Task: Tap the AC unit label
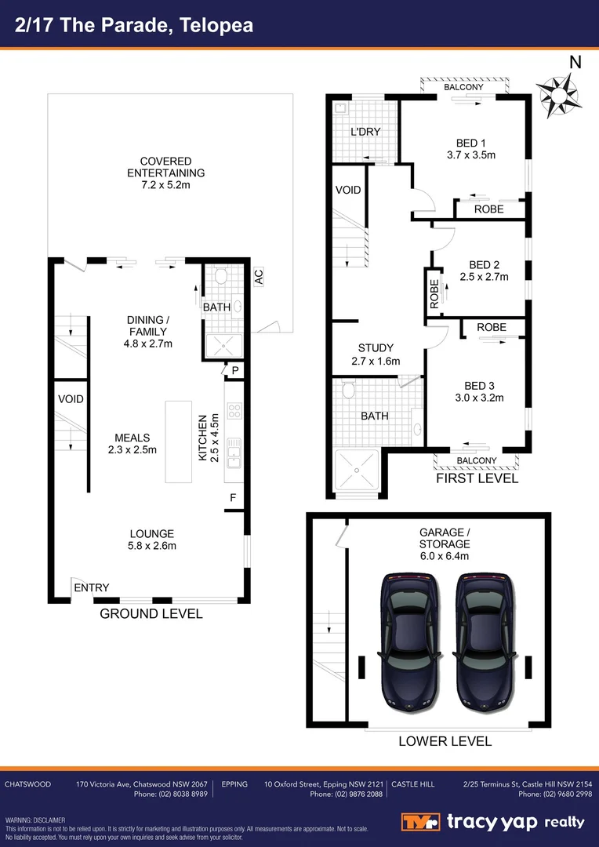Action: point(258,277)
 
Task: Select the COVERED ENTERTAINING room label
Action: point(165,167)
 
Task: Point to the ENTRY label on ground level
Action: point(92,587)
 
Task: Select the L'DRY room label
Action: point(365,131)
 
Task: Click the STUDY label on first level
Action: point(376,348)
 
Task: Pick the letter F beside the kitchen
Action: point(233,497)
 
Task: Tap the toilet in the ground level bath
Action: point(220,276)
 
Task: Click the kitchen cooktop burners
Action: point(234,411)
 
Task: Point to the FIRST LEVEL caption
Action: point(477,478)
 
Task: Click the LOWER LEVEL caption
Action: point(445,741)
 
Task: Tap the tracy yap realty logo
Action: point(494,822)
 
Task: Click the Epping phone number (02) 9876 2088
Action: point(347,794)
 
